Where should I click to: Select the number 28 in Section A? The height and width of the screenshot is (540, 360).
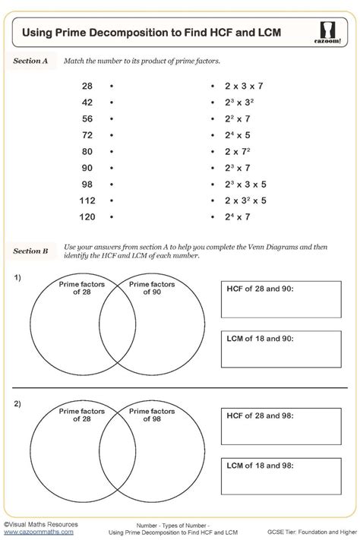(87, 86)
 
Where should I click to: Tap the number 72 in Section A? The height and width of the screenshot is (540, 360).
(87, 134)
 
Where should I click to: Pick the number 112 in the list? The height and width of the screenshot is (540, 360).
(87, 201)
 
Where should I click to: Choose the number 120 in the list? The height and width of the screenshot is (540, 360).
(87, 217)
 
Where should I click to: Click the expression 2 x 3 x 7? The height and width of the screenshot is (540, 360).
(245, 86)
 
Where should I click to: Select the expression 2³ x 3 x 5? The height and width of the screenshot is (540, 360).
(246, 184)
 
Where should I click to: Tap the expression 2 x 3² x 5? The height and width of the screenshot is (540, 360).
(246, 201)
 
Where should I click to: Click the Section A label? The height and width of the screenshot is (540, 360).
(31, 60)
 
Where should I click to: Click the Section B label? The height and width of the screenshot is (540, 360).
(31, 250)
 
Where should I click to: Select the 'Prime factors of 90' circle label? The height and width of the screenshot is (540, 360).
(151, 288)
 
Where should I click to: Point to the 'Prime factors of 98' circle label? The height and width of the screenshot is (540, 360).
(151, 415)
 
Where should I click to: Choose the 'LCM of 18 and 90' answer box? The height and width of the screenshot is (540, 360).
(281, 348)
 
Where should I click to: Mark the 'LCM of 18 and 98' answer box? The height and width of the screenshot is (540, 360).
(281, 475)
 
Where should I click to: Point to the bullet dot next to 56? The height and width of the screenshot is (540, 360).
(111, 118)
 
